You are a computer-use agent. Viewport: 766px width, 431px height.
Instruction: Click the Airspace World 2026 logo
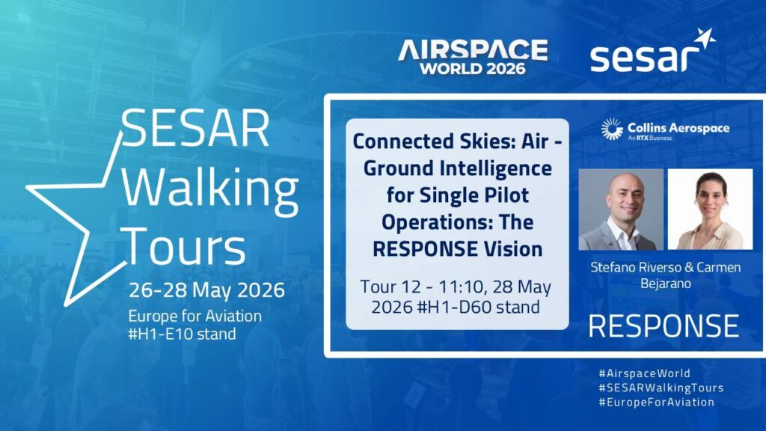click(473, 56)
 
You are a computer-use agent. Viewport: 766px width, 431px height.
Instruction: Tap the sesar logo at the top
click(652, 51)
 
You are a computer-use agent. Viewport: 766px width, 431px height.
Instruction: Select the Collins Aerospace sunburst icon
click(612, 129)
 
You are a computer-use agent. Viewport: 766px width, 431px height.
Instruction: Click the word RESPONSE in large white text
click(664, 326)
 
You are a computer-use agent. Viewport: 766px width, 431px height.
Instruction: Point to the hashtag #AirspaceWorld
click(644, 373)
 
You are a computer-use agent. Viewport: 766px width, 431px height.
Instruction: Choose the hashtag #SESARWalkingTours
click(661, 388)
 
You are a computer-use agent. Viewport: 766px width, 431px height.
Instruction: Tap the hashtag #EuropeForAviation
click(657, 402)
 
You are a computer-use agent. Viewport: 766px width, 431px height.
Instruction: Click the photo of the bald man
click(621, 210)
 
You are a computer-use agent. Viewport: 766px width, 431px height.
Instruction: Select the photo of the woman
click(710, 210)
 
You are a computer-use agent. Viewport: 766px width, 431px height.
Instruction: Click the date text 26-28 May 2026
click(206, 290)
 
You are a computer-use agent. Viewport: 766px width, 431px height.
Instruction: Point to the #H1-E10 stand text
click(182, 334)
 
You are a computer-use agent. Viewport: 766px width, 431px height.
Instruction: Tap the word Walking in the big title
click(210, 189)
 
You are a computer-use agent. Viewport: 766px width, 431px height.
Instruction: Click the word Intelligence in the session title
click(496, 169)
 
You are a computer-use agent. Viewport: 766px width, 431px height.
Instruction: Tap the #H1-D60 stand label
click(479, 308)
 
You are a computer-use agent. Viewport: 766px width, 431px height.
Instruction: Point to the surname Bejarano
click(665, 284)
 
